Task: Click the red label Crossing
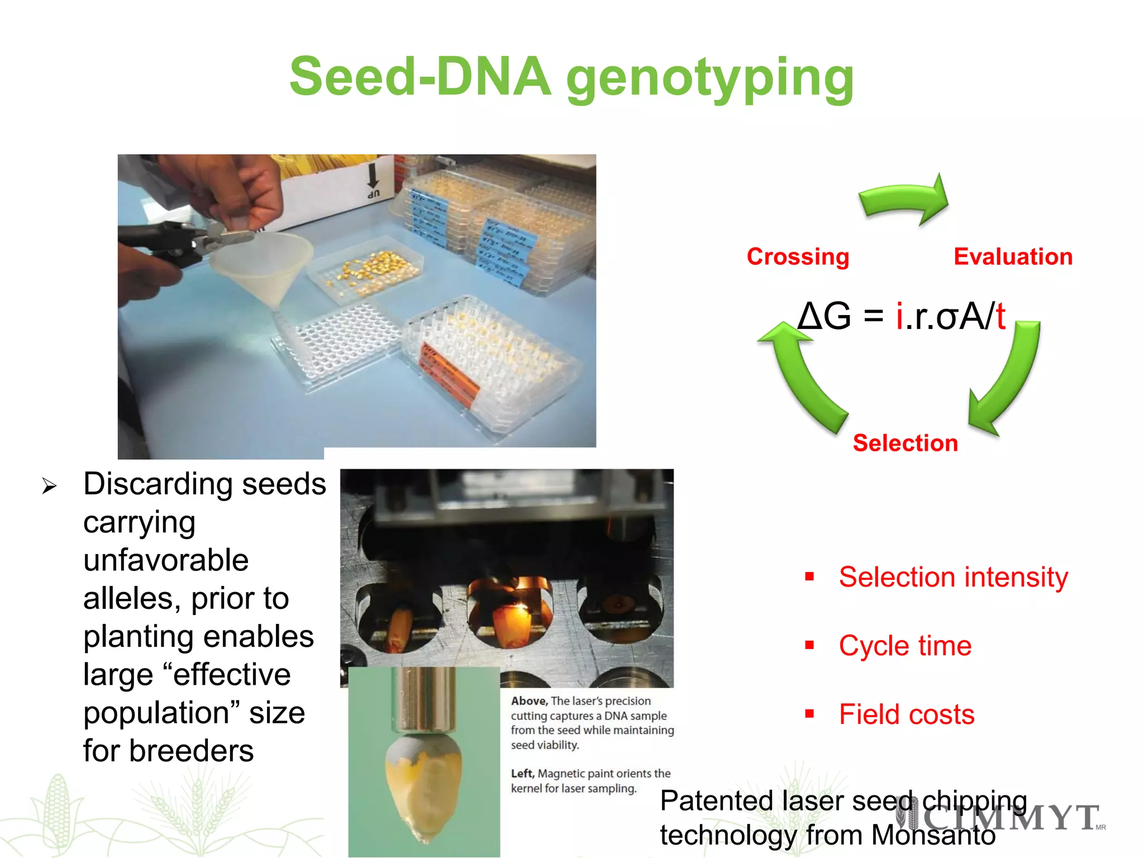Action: tap(798, 257)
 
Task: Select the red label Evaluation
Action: tap(1013, 257)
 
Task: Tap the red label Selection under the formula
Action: tap(905, 443)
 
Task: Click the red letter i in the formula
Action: tap(899, 316)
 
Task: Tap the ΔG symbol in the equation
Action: tap(824, 316)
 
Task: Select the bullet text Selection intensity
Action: tap(953, 577)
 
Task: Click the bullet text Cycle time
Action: tap(905, 646)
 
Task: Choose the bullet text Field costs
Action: tap(906, 714)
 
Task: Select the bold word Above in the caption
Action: tap(528, 701)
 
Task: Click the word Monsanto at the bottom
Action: tap(933, 836)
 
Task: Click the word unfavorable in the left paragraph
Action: tap(166, 560)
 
